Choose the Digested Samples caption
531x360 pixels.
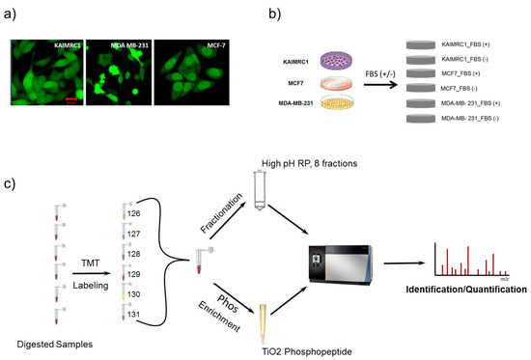click(x=50, y=342)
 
